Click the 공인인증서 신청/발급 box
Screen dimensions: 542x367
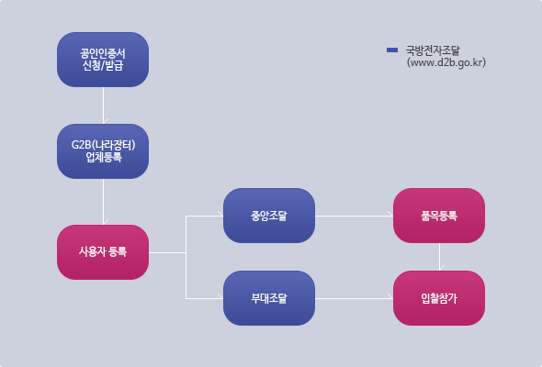[x=103, y=60]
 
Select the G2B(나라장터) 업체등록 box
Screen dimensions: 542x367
[x=103, y=151]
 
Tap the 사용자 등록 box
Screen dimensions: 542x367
[x=103, y=252]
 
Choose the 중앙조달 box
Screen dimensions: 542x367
[x=269, y=216]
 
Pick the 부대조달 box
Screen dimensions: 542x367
[x=269, y=298]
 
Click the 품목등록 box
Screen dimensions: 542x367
[x=439, y=216]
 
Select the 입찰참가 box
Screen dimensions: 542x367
[x=439, y=298]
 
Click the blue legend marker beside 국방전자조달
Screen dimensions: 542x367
[x=392, y=50]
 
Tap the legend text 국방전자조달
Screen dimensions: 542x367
[x=433, y=50]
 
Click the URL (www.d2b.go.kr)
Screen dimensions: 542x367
[x=446, y=62]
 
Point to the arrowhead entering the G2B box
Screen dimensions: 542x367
[x=105, y=121]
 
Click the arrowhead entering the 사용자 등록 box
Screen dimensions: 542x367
[x=105, y=222]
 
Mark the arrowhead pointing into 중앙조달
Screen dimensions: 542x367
[x=220, y=214]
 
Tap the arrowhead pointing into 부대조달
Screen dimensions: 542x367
[x=220, y=296]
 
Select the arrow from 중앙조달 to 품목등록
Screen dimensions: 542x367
[x=354, y=217]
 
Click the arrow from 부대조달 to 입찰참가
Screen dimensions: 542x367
[x=354, y=298]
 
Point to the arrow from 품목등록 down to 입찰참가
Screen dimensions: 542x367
[x=439, y=257]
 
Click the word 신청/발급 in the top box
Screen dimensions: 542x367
[x=103, y=65]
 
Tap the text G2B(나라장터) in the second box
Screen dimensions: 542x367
[x=104, y=145]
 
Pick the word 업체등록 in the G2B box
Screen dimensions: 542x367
[x=104, y=158]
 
